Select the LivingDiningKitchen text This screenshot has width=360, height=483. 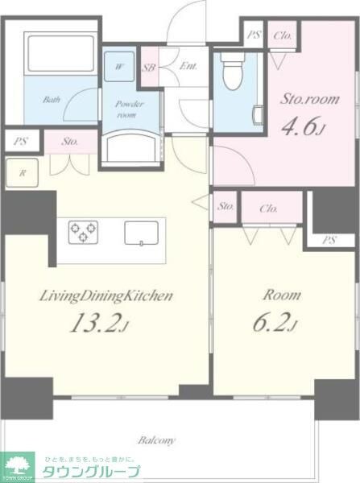tap(106, 296)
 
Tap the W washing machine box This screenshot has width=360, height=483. tap(118, 67)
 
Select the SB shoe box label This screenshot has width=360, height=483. tap(149, 66)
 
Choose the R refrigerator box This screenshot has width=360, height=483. tap(21, 171)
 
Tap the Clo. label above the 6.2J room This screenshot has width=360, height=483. tap(269, 208)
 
